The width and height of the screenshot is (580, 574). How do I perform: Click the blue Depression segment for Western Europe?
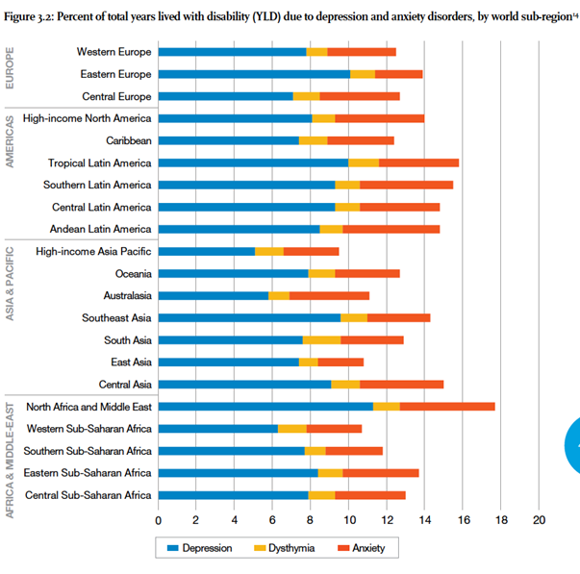pos(232,52)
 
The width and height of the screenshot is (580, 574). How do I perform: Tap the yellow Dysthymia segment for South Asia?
pos(321,340)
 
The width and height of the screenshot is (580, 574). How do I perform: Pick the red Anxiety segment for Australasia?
pos(329,296)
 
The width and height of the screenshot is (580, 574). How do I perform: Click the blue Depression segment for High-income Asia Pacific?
pos(207,252)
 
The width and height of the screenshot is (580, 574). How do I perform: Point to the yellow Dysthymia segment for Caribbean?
pos(313,140)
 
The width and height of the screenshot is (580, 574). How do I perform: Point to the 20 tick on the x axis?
pos(539,519)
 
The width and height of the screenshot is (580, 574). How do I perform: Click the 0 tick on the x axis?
pos(159,519)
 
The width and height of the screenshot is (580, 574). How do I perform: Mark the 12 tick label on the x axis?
pos(387,519)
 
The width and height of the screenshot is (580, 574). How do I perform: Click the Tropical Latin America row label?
pos(100,162)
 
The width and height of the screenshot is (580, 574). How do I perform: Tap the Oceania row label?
pos(128,274)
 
